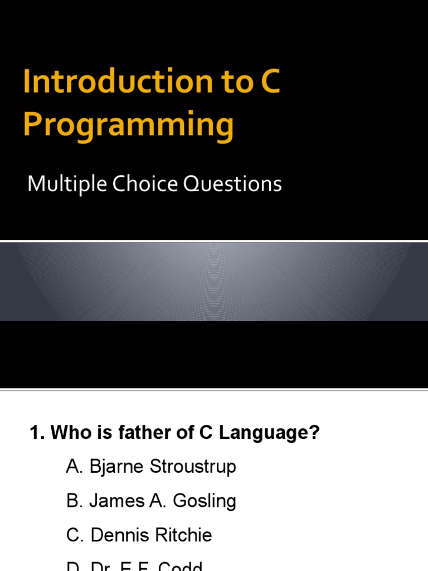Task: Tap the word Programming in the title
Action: [128, 125]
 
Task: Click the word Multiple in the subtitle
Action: [66, 184]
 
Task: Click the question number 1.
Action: [36, 433]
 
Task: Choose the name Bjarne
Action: [115, 467]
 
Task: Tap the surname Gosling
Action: [205, 501]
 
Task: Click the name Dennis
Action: [118, 535]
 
